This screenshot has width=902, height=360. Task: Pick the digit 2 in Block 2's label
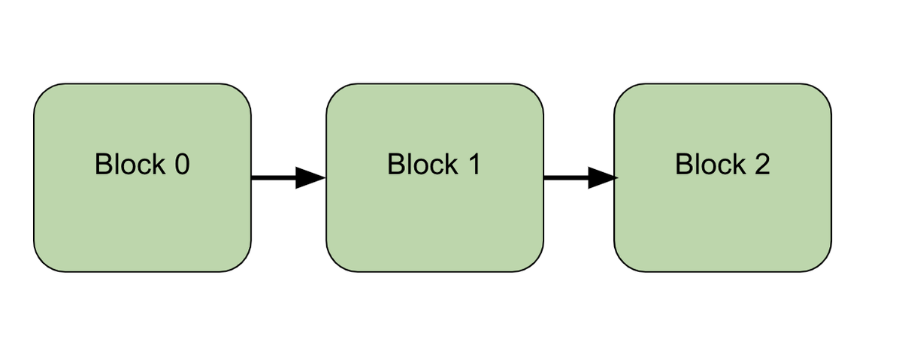point(761,164)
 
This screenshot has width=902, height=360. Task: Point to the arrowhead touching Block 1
point(310,178)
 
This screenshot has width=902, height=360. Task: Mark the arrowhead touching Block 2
point(602,178)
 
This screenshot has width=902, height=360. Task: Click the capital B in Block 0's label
point(103,164)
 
